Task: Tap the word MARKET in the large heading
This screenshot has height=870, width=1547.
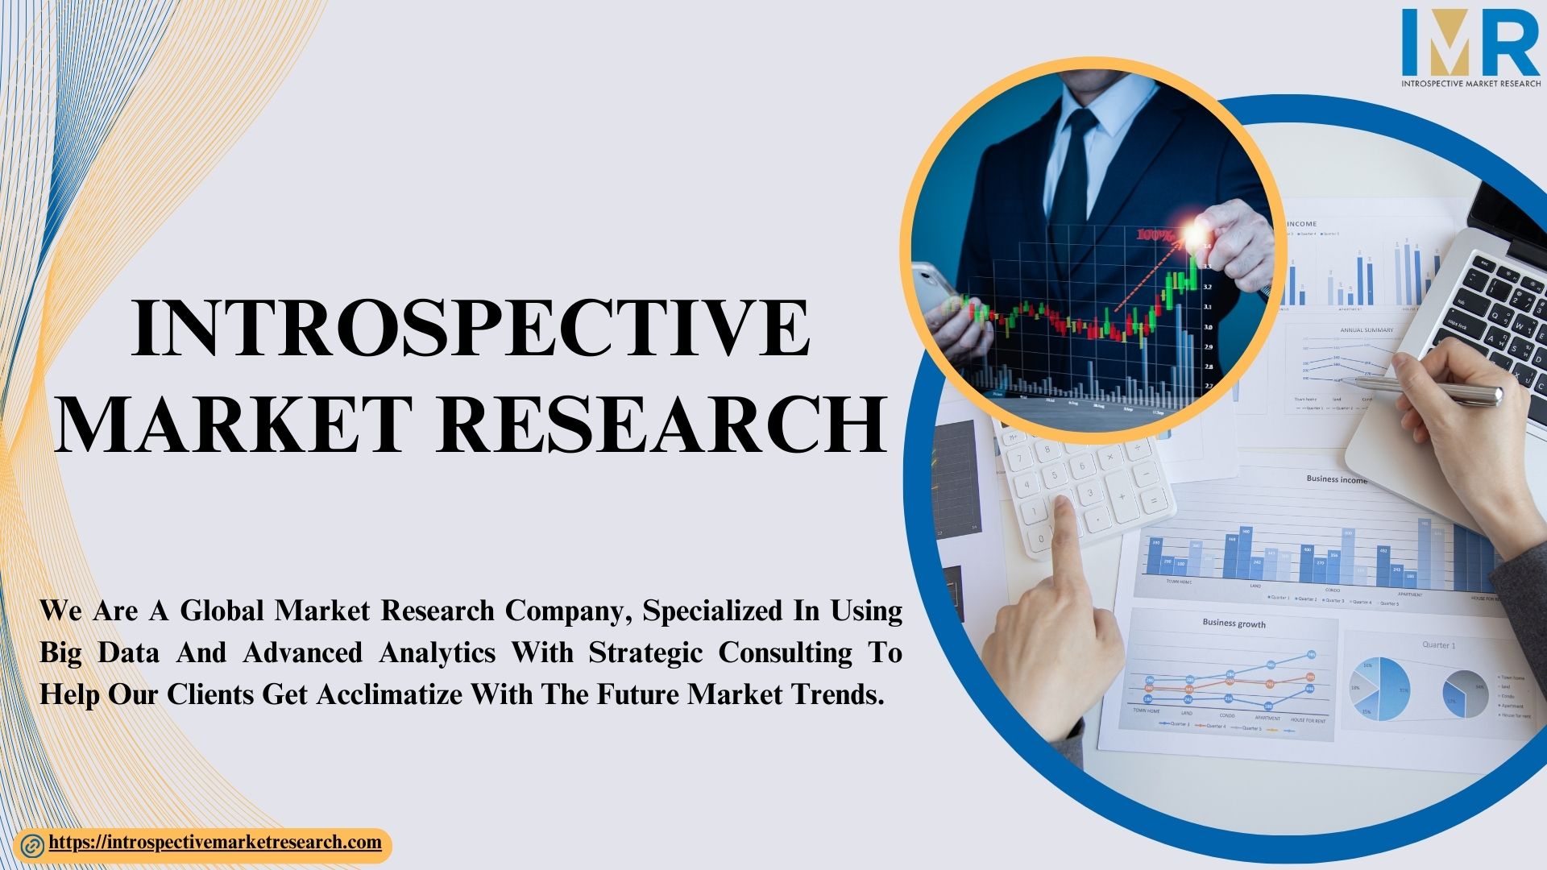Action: (x=229, y=425)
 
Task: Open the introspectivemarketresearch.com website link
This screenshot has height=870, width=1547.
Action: (x=215, y=843)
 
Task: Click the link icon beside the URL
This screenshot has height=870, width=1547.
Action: (x=33, y=846)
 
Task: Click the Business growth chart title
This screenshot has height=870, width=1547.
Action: (x=1234, y=623)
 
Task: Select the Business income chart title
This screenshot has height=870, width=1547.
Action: (x=1336, y=478)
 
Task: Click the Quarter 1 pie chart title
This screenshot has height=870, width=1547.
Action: (x=1438, y=645)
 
